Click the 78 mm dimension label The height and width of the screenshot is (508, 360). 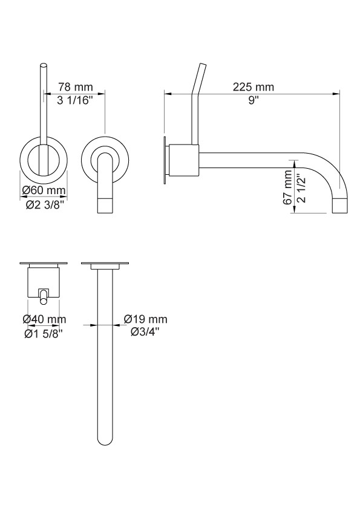click(76, 87)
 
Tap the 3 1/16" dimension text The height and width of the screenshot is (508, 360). click(75, 101)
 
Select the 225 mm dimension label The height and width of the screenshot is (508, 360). click(254, 87)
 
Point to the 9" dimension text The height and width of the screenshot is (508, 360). click(254, 100)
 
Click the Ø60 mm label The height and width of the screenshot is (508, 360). click(44, 190)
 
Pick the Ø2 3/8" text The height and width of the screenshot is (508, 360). click(44, 205)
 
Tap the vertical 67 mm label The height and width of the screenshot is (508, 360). click(287, 188)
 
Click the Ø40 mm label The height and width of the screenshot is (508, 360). click(44, 319)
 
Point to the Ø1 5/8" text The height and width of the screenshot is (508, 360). click(44, 333)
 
